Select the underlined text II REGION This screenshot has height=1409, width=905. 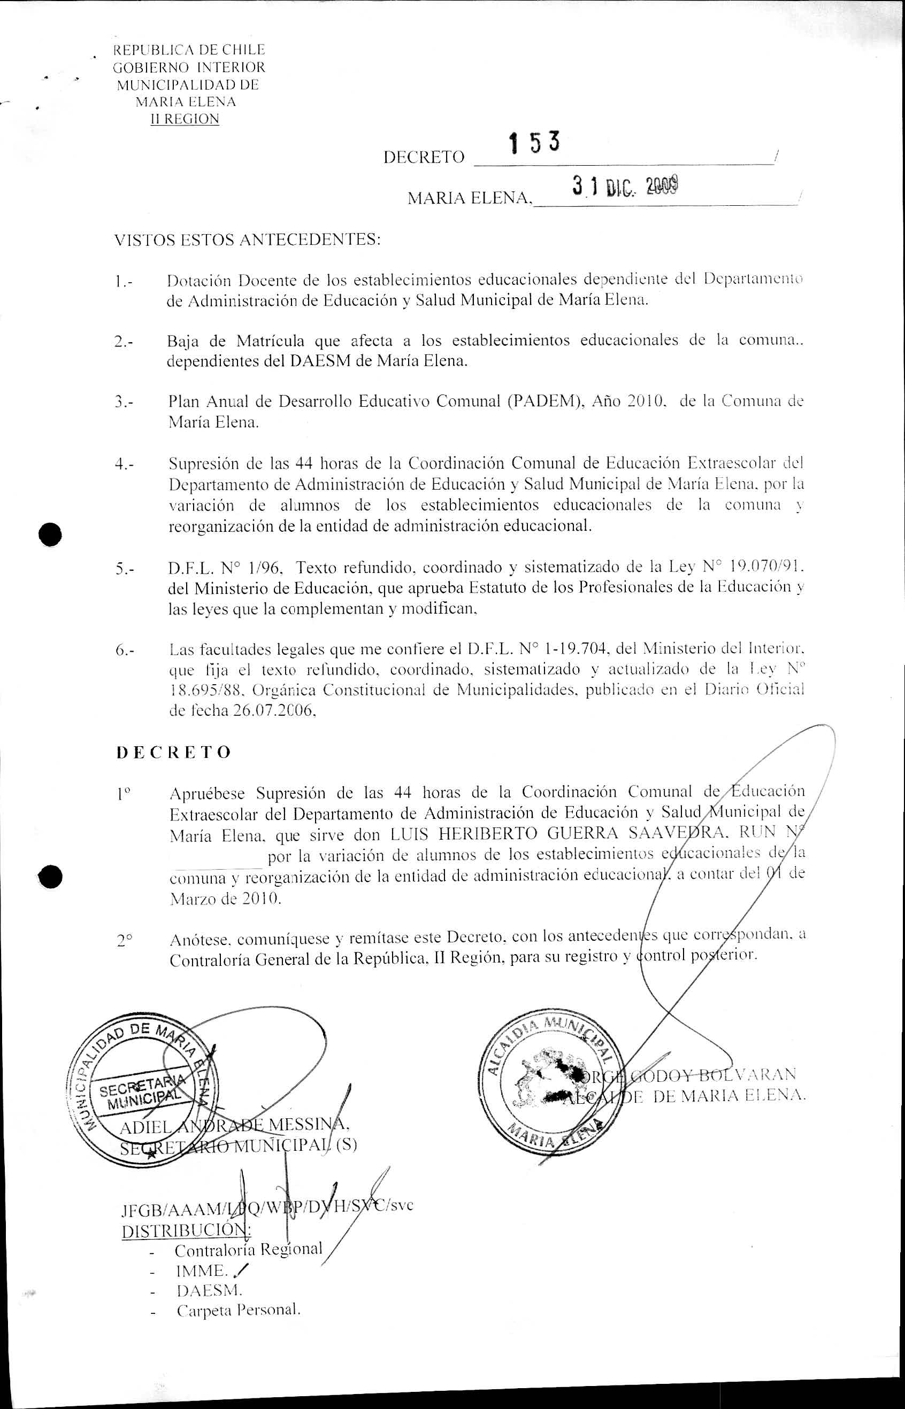[x=185, y=119]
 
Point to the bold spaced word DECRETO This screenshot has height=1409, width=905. [x=174, y=753]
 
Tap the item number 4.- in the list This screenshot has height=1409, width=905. [x=125, y=464]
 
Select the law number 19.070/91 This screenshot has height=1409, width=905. [x=764, y=567]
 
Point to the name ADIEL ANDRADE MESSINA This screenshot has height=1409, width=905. [x=235, y=1126]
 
